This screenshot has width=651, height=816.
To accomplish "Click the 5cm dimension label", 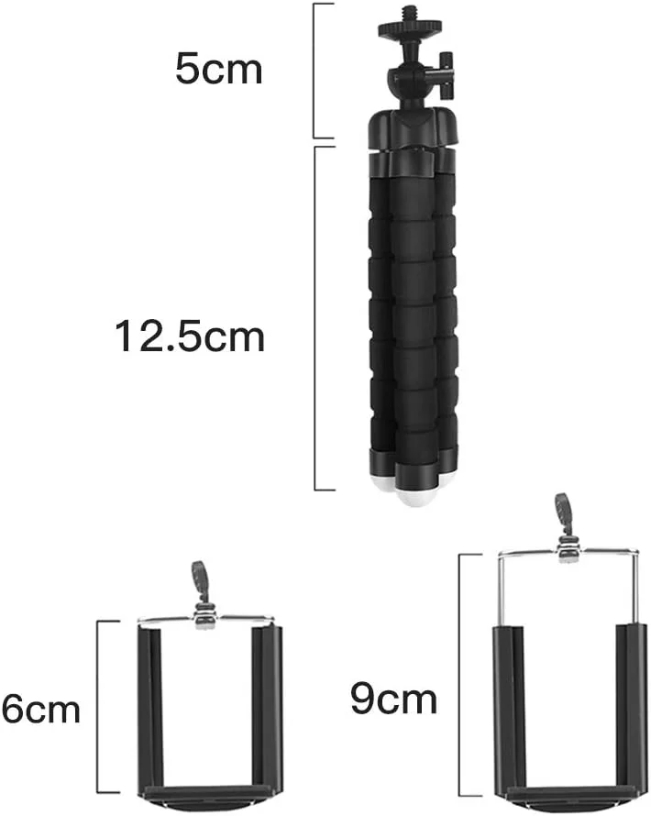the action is pos(218,69).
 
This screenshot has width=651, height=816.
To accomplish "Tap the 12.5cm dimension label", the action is pos(190,336).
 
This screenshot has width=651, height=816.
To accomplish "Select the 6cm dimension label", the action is pos(40,709).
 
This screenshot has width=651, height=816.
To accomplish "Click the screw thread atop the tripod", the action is pos(410,14).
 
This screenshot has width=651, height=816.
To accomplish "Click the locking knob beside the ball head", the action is pos(446,74).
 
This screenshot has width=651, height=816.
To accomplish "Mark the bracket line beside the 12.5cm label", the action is pos(315,318).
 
